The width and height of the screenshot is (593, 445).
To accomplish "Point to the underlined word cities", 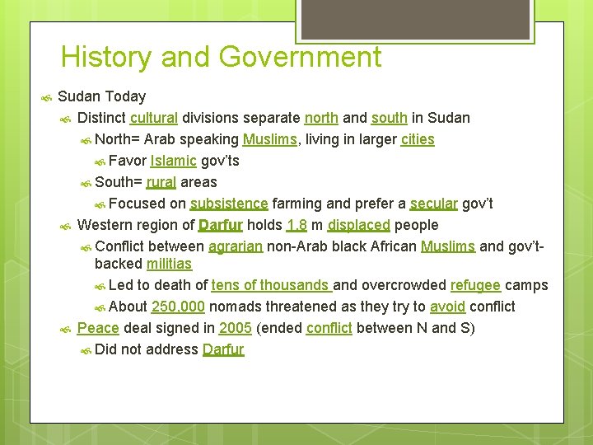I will pos(418,139).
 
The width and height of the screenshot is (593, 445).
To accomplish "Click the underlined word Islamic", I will pos(173,161).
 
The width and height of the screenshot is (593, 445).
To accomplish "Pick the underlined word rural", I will pos(161,182).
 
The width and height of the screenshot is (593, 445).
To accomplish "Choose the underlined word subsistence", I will pos(228,204).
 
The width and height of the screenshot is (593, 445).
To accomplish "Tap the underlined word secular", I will pos(433,204).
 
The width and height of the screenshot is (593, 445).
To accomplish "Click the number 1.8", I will pos(296,225).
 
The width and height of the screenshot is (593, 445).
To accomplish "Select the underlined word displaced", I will pos(358,225).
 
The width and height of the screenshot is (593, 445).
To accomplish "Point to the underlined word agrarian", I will pos(236,246).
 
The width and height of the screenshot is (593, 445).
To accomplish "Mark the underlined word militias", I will pos(169,265).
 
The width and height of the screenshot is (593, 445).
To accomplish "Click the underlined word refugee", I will pos(475,286).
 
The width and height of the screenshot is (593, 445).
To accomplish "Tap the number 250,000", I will pos(178,307).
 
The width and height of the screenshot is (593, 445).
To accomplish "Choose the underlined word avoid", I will pos(447,307).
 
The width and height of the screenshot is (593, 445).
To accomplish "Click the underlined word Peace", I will pos(98,329).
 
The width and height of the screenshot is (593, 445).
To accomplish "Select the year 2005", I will pos(236,329).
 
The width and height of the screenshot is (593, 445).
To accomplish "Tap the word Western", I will pos(105,225).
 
